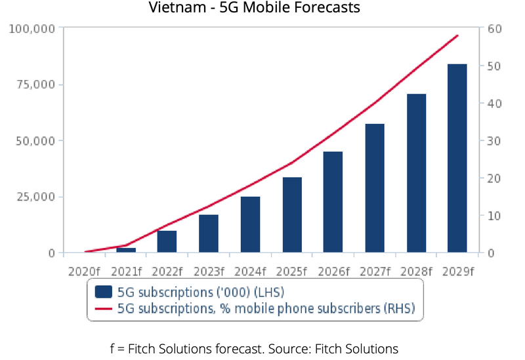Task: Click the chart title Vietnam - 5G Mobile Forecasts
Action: (262, 9)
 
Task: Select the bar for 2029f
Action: (457, 158)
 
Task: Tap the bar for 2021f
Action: (126, 250)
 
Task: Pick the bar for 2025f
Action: (291, 214)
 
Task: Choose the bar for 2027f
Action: (374, 188)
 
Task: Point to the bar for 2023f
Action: (209, 233)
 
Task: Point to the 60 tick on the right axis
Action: (494, 29)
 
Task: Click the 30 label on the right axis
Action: (494, 141)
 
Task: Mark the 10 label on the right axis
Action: (494, 216)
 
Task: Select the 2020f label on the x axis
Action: (85, 269)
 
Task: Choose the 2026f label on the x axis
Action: (333, 269)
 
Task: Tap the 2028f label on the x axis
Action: (415, 269)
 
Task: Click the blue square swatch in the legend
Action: (103, 292)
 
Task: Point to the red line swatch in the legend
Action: (103, 308)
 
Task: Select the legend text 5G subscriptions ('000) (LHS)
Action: (201, 292)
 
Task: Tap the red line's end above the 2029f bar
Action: (457, 36)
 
